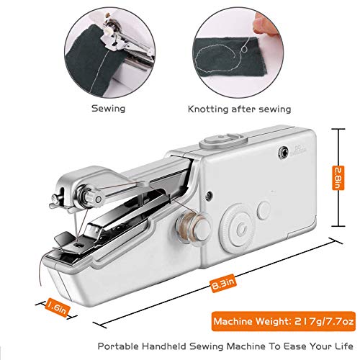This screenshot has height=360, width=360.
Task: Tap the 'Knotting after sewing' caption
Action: tap(240, 109)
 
